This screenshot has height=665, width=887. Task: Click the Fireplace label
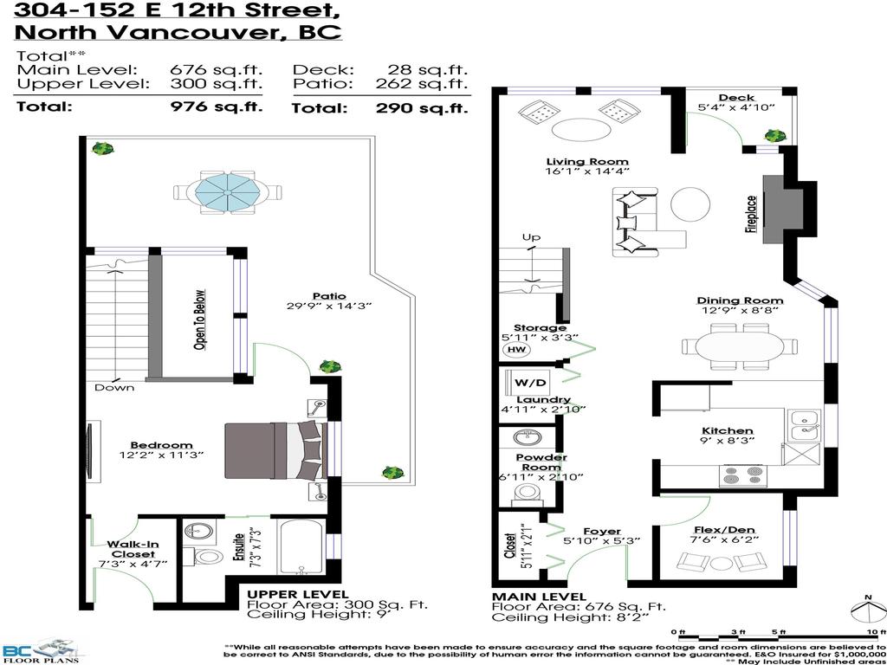click(751, 214)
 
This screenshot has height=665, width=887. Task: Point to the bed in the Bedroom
click(273, 450)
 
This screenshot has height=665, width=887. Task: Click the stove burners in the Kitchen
click(743, 475)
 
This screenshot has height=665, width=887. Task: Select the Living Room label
click(587, 162)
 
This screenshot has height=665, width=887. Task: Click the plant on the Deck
click(774, 135)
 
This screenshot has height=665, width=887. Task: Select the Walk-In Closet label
click(132, 549)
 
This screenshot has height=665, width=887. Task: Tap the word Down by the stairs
click(114, 387)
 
